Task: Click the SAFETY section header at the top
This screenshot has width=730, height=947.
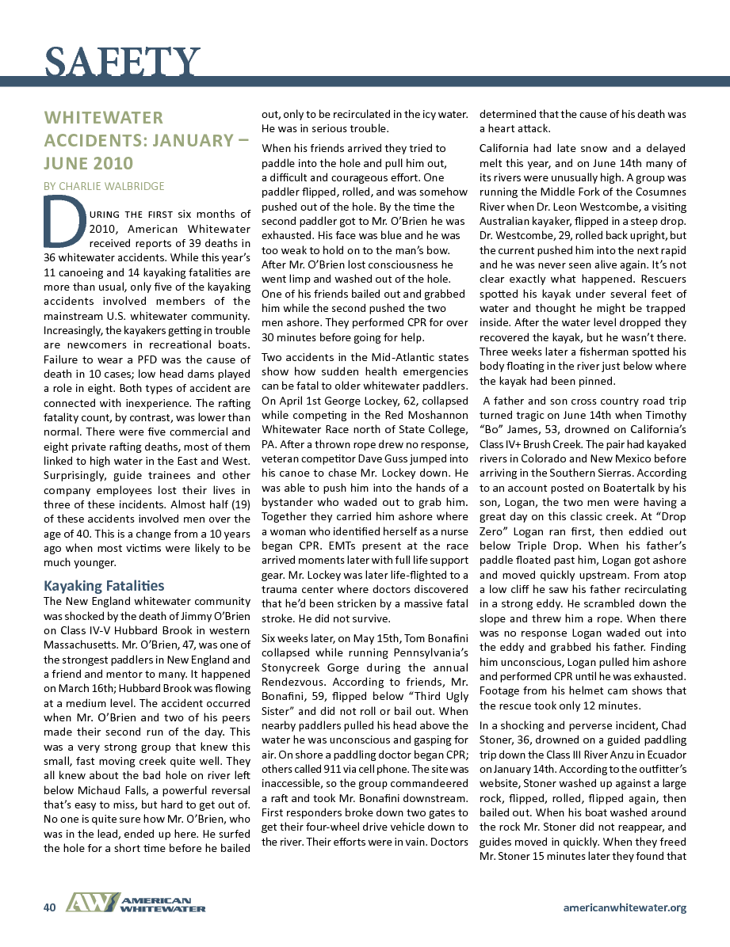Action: [x=122, y=61]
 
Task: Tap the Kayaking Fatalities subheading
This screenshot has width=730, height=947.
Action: [x=104, y=586]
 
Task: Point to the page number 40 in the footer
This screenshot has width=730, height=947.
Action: [x=49, y=907]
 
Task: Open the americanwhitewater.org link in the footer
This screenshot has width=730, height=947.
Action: [x=624, y=907]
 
